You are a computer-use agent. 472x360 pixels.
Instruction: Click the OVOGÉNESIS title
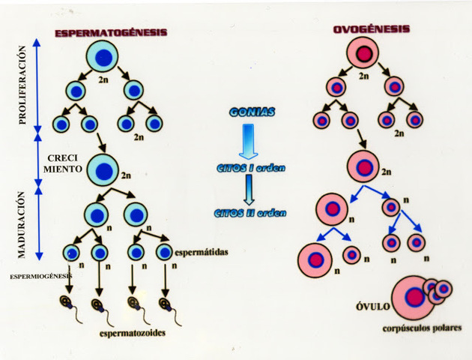tap(372, 29)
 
